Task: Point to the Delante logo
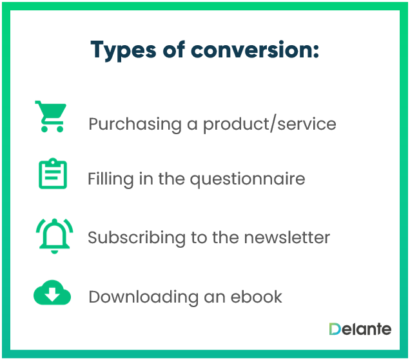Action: pos(360,329)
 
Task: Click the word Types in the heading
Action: pos(123,50)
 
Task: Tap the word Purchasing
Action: pos(135,125)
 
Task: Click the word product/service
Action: pos(270,125)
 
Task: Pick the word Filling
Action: pos(111,179)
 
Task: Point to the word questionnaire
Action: pos(248,179)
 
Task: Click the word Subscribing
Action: pos(137,237)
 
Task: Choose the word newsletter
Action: pos(287,237)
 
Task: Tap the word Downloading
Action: pos(144,297)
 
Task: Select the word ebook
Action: pos(257,297)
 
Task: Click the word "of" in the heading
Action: pos(174,49)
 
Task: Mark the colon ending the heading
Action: pos(316,51)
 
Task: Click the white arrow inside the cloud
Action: pos(52,294)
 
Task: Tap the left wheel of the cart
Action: pos(44,129)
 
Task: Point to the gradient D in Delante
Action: pos(335,329)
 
